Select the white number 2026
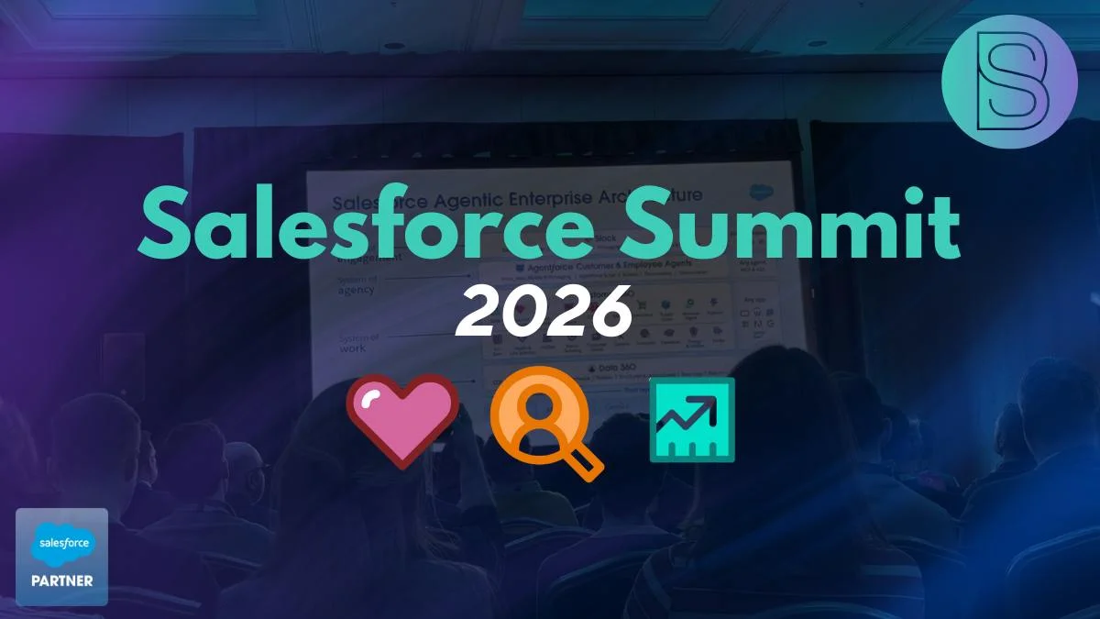[x=544, y=312]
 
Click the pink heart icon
[x=401, y=421]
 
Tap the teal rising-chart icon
[x=692, y=419]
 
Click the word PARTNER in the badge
[x=62, y=580]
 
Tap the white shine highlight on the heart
[x=375, y=400]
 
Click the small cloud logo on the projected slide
[x=760, y=193]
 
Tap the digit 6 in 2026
[x=610, y=312]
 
